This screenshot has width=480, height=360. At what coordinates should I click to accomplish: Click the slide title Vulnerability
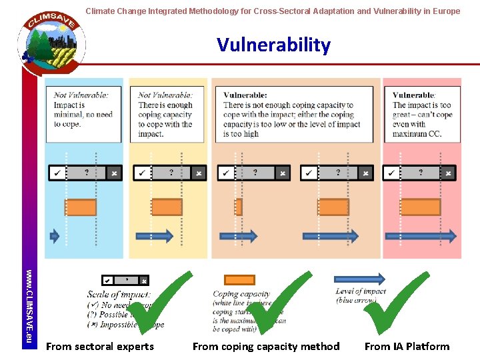coord(273,45)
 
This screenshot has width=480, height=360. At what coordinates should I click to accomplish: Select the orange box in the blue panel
coord(81,207)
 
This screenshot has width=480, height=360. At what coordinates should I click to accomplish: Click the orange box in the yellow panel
coord(167,207)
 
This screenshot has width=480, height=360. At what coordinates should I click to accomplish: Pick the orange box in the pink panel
coord(420,207)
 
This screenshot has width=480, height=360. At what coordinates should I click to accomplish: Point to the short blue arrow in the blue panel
coord(55,235)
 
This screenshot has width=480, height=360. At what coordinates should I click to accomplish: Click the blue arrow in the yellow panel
coord(154,235)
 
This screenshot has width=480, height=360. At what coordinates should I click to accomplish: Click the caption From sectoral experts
coord(99,346)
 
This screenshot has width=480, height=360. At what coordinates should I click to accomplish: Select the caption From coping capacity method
coord(266,346)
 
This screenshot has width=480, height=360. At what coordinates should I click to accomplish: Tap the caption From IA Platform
coord(407,346)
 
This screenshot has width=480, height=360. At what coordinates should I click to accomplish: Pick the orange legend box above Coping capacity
coord(239,280)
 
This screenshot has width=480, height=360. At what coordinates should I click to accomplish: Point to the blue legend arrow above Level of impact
coord(359,279)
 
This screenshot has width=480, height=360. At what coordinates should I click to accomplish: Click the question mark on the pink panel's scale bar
coord(421,173)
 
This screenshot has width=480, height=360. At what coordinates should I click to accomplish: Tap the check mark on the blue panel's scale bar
coord(57,173)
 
